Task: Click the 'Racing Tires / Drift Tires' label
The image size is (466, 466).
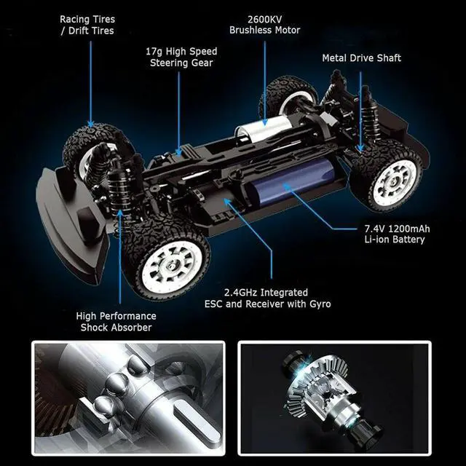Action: click(x=87, y=25)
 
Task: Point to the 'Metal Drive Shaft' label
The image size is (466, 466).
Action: click(x=361, y=58)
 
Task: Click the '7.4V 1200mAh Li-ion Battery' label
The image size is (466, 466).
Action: click(x=397, y=234)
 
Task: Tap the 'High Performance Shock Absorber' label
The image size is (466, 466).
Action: click(x=116, y=321)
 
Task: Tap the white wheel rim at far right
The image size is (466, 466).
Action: click(x=394, y=179)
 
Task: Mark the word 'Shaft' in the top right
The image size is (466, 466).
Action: click(x=387, y=58)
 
